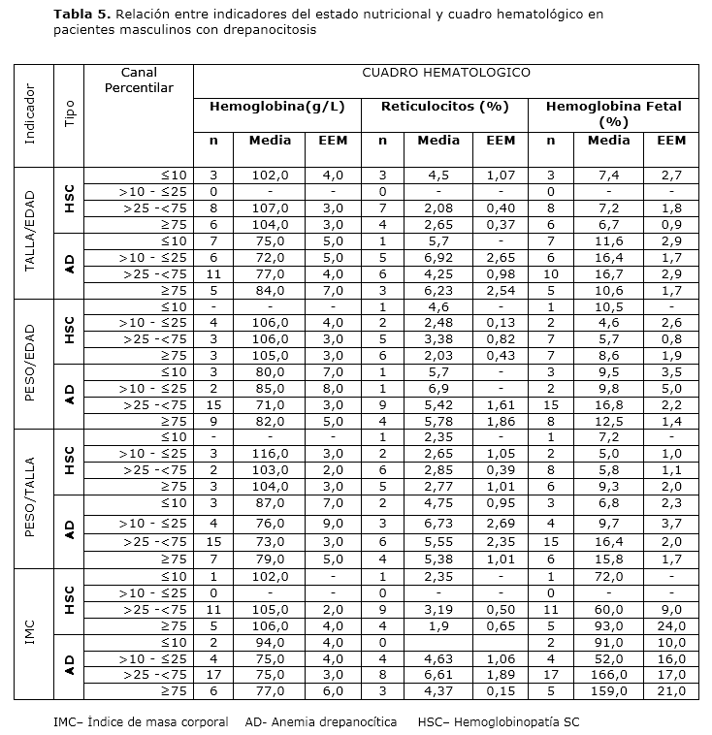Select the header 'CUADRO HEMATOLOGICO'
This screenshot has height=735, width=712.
tap(445, 73)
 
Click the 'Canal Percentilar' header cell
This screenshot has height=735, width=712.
tap(139, 80)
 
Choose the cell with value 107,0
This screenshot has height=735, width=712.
tap(270, 208)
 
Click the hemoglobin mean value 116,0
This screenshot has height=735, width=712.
tap(270, 454)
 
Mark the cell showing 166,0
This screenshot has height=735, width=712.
tap(609, 675)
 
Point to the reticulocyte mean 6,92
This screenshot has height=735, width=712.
tap(438, 258)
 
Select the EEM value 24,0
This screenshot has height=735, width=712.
tap(670, 625)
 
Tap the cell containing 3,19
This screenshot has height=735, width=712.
tap(438, 609)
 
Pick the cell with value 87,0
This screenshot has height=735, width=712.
tap(270, 503)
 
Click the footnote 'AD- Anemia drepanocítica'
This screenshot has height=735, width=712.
tap(321, 722)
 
